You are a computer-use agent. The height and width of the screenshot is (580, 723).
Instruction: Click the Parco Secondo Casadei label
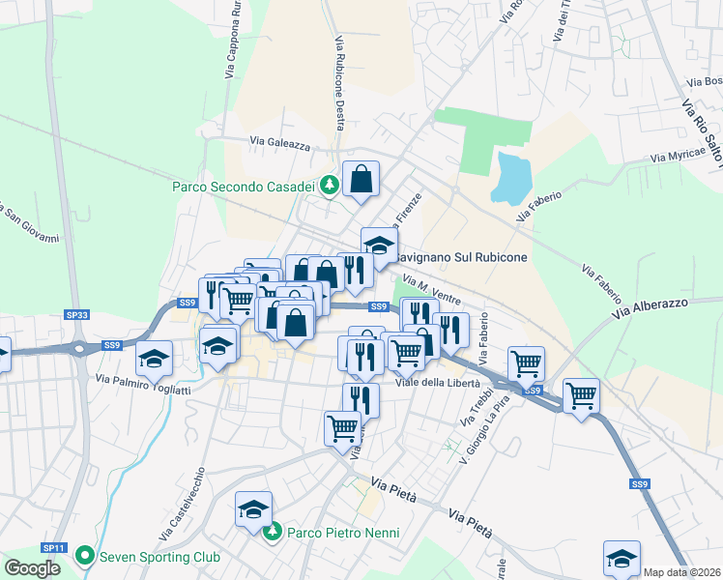[x=246, y=187]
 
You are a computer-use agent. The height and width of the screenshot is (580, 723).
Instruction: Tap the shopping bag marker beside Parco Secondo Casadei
[x=361, y=180]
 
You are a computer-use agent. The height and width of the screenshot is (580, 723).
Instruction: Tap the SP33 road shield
[x=77, y=314]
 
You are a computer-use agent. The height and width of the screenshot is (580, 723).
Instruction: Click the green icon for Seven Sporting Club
[x=85, y=557]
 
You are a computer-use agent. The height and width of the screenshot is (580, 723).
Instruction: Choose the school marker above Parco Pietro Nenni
[x=254, y=510]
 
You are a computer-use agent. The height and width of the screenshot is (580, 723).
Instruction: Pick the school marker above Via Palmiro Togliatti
[x=155, y=361]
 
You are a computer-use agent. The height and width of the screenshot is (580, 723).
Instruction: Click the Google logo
[x=33, y=567]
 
